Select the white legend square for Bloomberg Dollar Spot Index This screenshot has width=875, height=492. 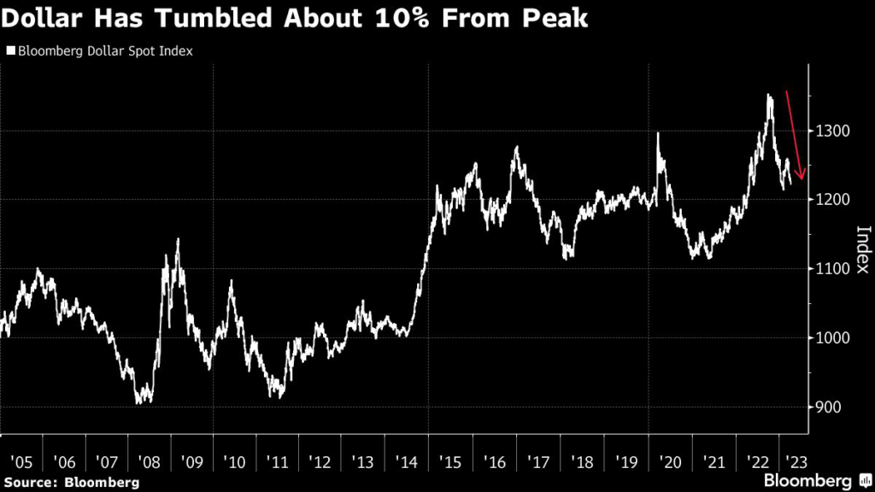[x=11, y=51]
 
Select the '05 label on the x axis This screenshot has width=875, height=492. [x=21, y=462]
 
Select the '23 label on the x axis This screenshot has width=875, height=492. [x=793, y=462]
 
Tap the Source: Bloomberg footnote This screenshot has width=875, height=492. [x=71, y=483]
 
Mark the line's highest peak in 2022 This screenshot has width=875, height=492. [x=769, y=95]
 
